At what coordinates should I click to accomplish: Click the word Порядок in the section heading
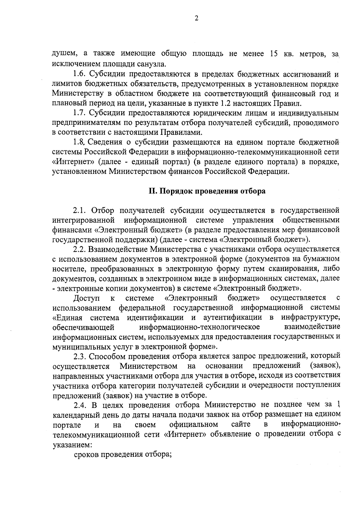176,191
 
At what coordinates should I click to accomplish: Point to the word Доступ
87,298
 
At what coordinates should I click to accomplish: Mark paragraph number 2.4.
81,405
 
